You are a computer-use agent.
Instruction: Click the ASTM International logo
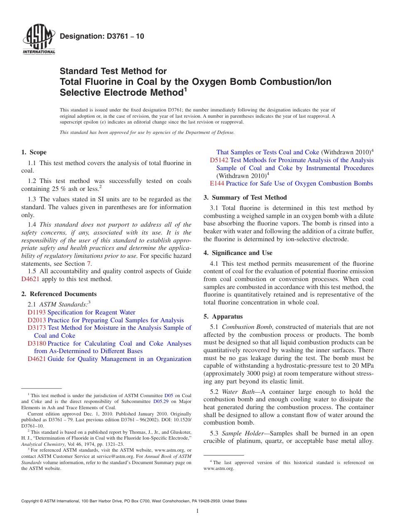[x=39, y=40]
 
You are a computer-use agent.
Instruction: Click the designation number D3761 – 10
[x=102, y=36]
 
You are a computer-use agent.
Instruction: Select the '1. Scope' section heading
[x=34, y=152]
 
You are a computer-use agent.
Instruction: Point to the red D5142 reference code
[x=219, y=160]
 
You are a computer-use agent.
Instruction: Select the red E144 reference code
[x=217, y=183]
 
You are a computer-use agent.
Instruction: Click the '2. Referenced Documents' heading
[x=59, y=294]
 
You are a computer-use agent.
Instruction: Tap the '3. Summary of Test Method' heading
[x=245, y=198]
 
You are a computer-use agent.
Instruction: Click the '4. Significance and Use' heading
[x=242, y=253]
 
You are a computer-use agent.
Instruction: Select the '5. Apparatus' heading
[x=223, y=316]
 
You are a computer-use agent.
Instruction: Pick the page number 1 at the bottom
[x=197, y=511]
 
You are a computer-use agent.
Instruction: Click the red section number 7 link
[x=88, y=263]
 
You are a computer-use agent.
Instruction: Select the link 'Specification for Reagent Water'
[x=91, y=312]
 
